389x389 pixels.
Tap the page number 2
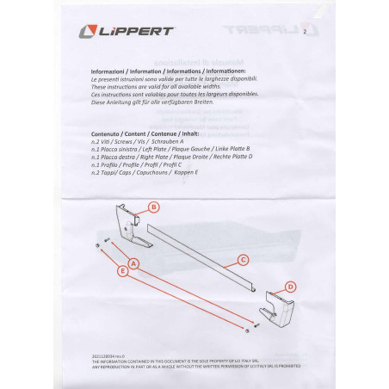pyautogui.click(x=305, y=32)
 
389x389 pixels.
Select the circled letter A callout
pyautogui.click(x=133, y=261)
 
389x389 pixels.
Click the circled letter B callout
pyautogui.click(x=153, y=207)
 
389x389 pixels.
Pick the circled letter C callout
pyautogui.click(x=243, y=259)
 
